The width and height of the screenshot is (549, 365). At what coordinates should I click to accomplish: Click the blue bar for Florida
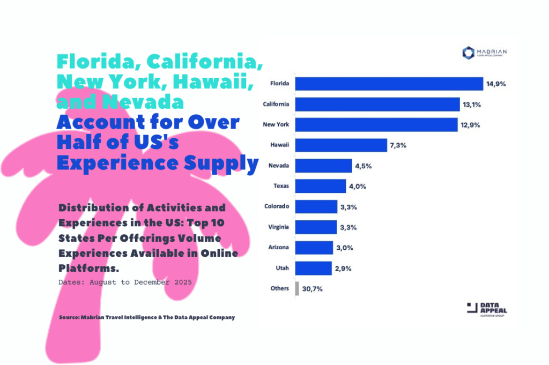pyautogui.click(x=389, y=84)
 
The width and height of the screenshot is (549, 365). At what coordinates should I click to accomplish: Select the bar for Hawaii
pyautogui.click(x=341, y=145)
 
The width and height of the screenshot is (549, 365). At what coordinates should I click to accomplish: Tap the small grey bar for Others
pyautogui.click(x=297, y=288)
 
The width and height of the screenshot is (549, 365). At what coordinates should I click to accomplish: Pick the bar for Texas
pyautogui.click(x=321, y=186)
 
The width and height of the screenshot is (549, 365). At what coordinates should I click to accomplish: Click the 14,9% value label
pyautogui.click(x=496, y=84)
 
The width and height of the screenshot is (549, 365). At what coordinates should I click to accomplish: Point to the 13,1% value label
pyautogui.click(x=472, y=105)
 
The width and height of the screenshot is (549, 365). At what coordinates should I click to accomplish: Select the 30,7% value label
pyautogui.click(x=312, y=288)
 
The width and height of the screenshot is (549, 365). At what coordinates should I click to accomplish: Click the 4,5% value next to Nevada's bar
pyautogui.click(x=363, y=166)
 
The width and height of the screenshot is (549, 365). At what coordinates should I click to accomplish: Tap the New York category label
pyautogui.click(x=276, y=124)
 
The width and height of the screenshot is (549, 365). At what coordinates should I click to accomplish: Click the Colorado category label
pyautogui.click(x=277, y=206)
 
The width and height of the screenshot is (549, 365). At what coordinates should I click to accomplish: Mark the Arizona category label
pyautogui.click(x=278, y=247)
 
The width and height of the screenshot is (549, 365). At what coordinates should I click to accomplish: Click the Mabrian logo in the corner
pyautogui.click(x=484, y=52)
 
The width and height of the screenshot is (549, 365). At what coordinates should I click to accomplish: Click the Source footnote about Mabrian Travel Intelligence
pyautogui.click(x=147, y=317)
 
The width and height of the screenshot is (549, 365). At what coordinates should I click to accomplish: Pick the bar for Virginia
pyautogui.click(x=316, y=227)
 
